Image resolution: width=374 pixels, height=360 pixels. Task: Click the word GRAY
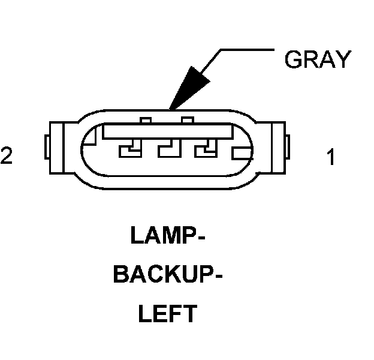(316, 59)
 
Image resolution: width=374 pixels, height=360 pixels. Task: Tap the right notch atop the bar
(188, 121)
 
